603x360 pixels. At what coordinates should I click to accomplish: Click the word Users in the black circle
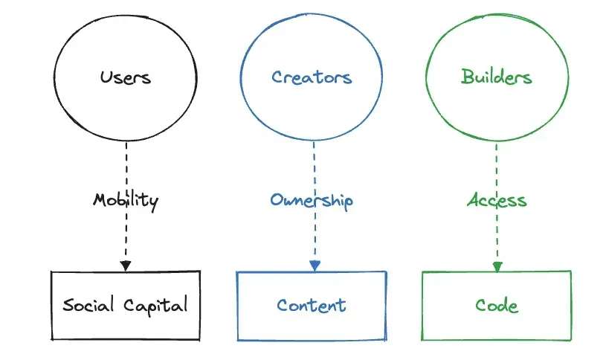click(x=126, y=77)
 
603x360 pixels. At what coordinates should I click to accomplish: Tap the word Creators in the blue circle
click(x=312, y=77)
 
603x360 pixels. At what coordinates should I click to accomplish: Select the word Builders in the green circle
click(x=497, y=76)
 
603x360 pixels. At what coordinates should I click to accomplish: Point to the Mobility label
click(x=126, y=201)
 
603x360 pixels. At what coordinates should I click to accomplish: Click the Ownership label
click(x=312, y=200)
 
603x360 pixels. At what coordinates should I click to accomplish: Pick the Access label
click(x=497, y=200)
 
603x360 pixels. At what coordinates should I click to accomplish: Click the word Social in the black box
click(x=88, y=304)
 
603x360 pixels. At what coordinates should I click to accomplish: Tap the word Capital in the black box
click(x=155, y=306)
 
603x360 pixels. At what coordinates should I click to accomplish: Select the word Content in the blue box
click(x=311, y=306)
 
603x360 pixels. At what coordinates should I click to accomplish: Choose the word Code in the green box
click(x=497, y=306)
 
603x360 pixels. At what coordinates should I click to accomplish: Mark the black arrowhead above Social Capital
click(x=126, y=266)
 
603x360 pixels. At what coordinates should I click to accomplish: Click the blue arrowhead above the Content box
click(x=315, y=266)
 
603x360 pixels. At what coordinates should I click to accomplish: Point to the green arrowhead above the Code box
click(x=497, y=267)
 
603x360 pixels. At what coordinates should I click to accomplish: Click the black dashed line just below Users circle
click(x=126, y=167)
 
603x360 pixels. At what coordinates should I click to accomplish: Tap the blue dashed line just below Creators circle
click(x=315, y=167)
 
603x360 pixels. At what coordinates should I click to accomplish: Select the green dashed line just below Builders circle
click(x=496, y=167)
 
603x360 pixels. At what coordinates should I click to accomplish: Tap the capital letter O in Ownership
click(x=277, y=200)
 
